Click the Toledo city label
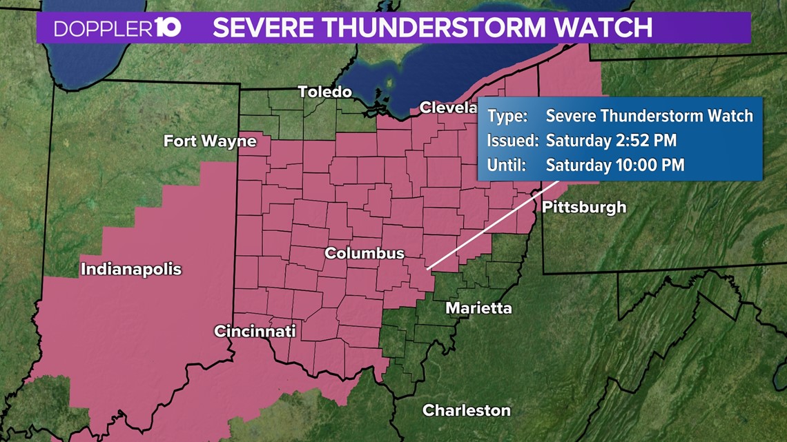click(324, 92)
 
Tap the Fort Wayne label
click(210, 141)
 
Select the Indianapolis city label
click(131, 269)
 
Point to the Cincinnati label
click(255, 331)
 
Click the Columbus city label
click(365, 253)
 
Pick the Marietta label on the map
click(478, 308)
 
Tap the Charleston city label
click(467, 410)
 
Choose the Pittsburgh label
click(584, 206)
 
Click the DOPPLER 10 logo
click(117, 28)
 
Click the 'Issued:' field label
click(512, 141)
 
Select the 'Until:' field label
click(507, 165)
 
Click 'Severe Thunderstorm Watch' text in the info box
click(649, 116)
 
